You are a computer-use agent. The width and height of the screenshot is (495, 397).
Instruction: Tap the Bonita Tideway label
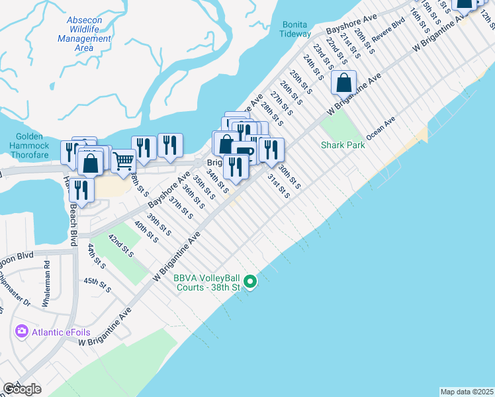click(x=296, y=29)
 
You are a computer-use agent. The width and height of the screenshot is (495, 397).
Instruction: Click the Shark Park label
click(x=343, y=145)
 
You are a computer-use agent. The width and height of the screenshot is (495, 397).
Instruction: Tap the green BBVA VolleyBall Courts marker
click(x=250, y=283)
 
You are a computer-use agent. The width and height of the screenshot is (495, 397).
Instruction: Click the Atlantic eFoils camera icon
click(x=22, y=331)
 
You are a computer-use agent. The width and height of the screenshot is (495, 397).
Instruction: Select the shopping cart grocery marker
click(x=122, y=161)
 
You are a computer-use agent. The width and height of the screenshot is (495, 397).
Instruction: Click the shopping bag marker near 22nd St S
click(x=343, y=83)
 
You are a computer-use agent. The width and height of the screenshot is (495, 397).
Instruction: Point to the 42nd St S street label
click(x=121, y=245)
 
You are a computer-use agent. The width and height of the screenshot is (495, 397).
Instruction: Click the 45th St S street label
click(x=96, y=285)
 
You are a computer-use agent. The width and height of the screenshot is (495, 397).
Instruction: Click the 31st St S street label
click(x=278, y=186)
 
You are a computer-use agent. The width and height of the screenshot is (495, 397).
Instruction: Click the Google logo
click(x=22, y=389)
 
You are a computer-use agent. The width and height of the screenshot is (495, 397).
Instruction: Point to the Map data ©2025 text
click(x=467, y=392)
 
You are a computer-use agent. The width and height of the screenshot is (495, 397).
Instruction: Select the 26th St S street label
click(x=291, y=94)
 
